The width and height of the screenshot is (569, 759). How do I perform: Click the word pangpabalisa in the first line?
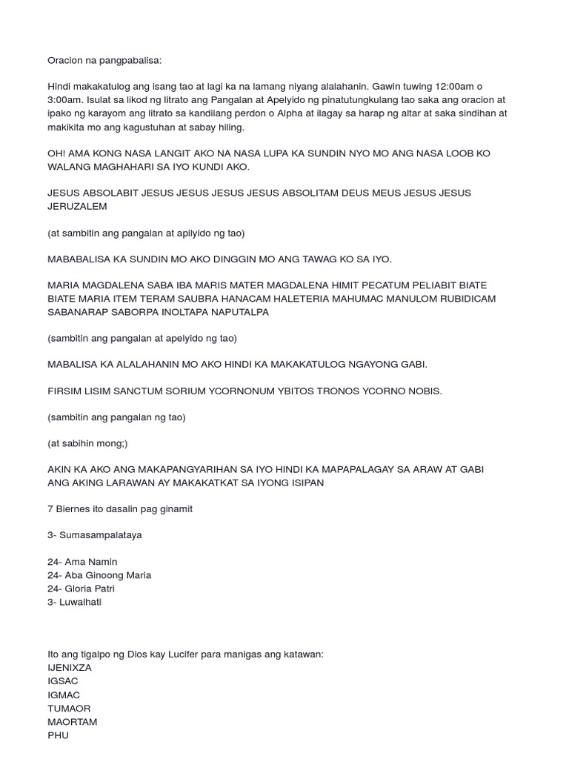(131, 60)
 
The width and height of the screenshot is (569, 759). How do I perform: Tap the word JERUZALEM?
(77, 206)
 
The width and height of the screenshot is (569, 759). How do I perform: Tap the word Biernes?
(74, 509)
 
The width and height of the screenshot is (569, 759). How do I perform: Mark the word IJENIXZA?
(70, 668)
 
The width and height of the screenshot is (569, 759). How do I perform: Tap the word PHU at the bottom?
(58, 735)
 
